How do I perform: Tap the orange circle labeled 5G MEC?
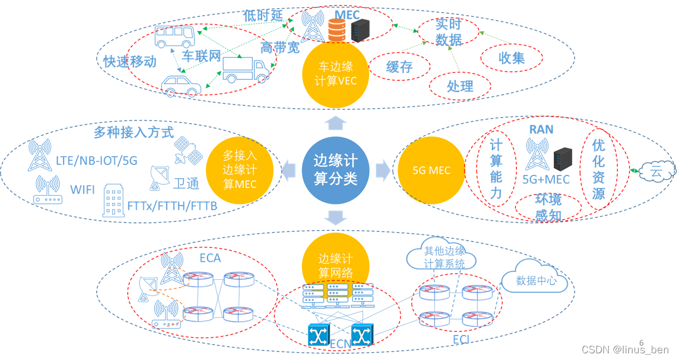point(431,171)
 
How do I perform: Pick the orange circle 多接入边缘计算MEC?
point(240,169)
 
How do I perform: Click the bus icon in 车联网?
point(174,37)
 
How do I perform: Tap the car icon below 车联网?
point(181,86)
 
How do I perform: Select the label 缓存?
point(399,67)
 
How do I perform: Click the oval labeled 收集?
point(511,57)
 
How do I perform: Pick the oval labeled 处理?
point(460,86)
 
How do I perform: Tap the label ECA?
point(210,258)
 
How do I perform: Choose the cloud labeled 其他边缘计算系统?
point(443,257)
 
